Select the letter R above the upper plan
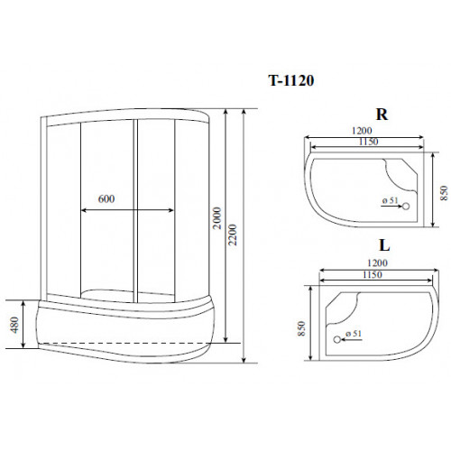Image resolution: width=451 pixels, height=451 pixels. click(x=382, y=115)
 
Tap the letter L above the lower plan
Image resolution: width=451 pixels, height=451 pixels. click(x=383, y=244)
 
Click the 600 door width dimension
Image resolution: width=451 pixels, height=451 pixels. click(x=109, y=198)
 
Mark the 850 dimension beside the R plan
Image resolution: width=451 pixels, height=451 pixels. click(x=442, y=195)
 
